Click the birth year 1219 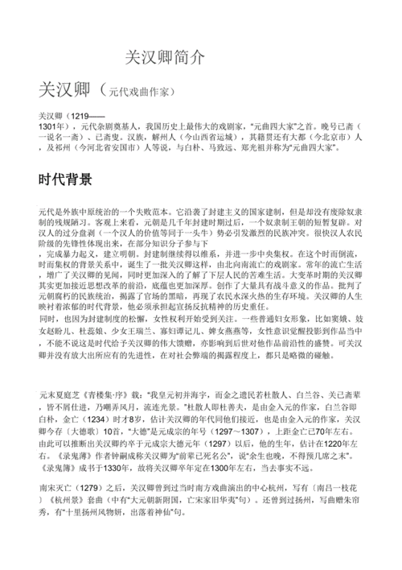[87, 117]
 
